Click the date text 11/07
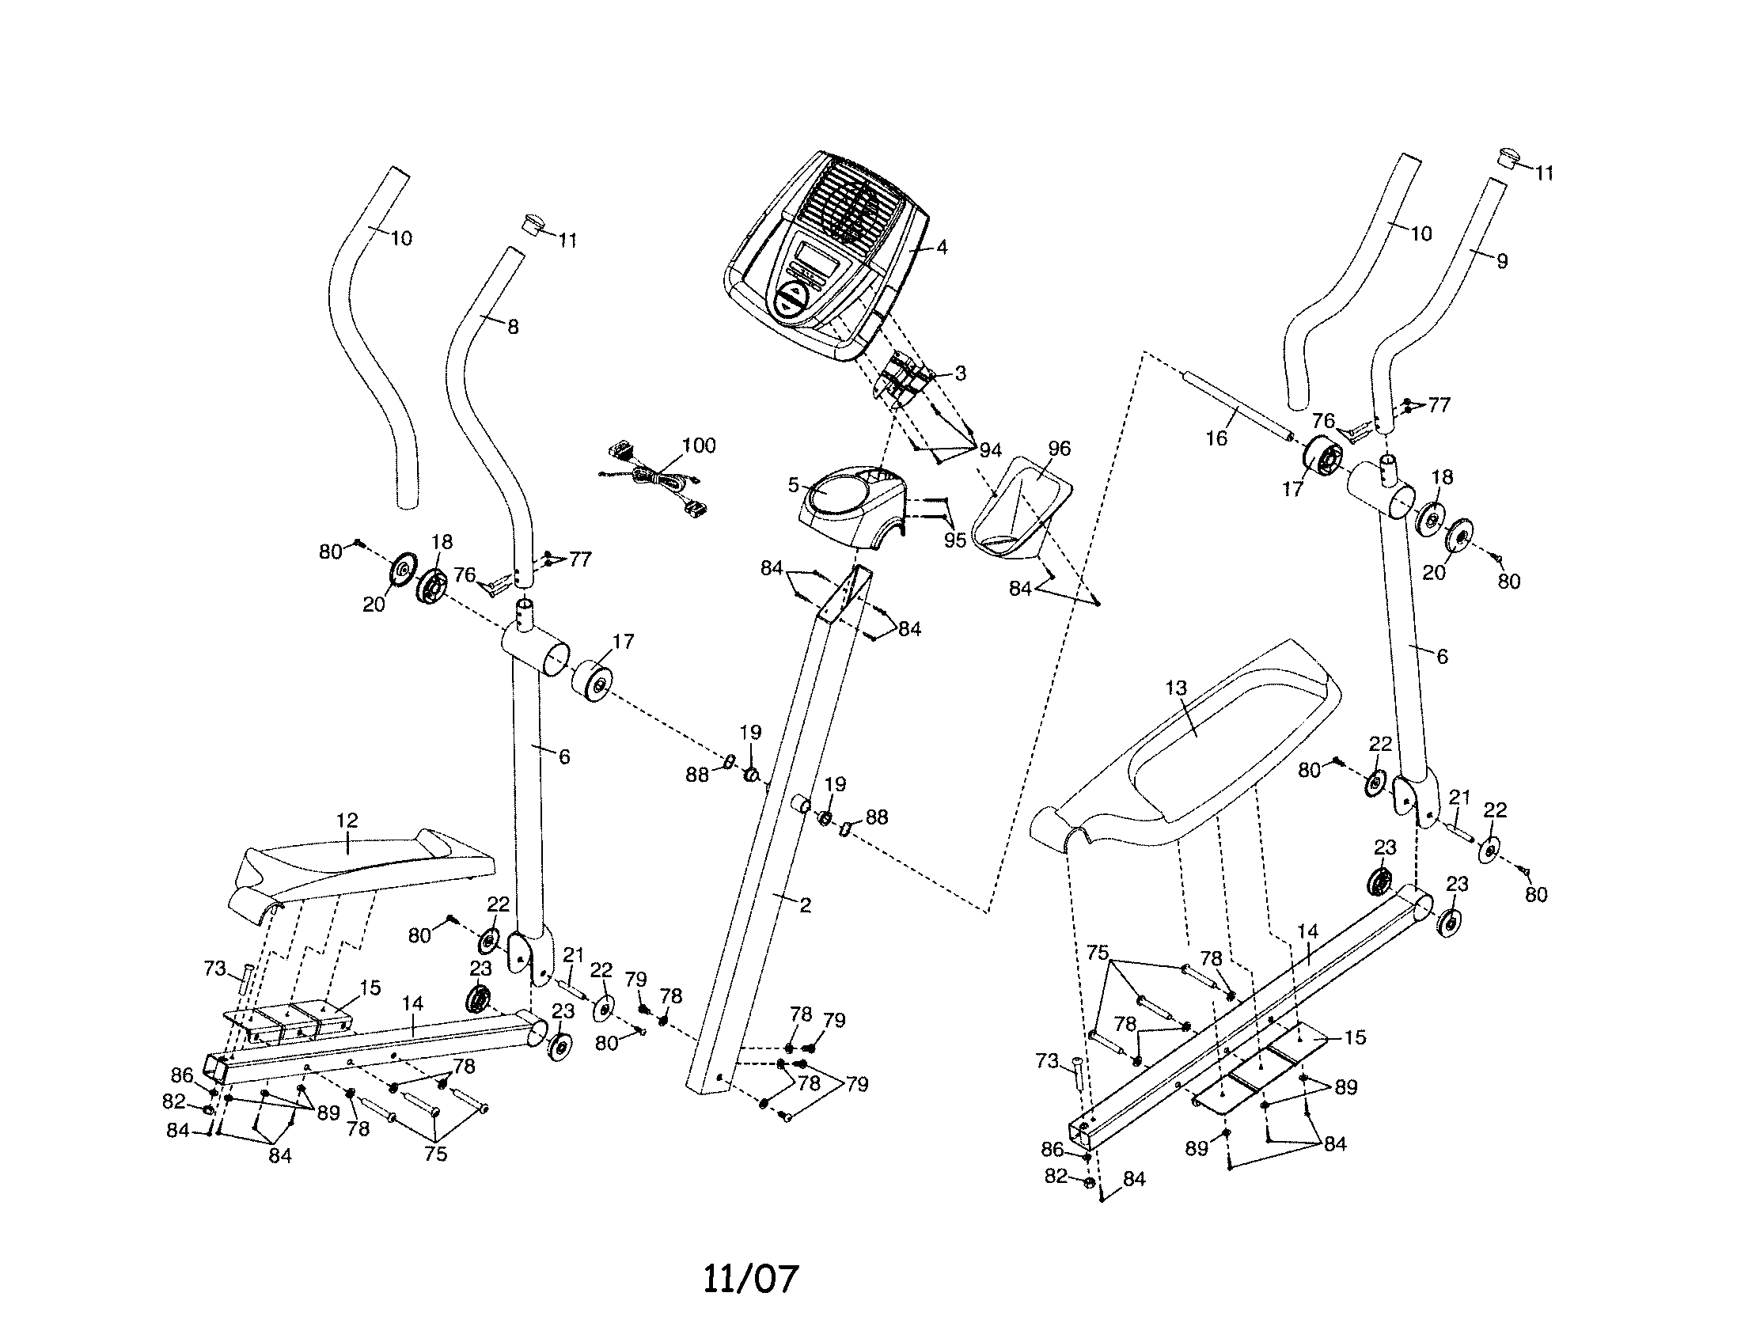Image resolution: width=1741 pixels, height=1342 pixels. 750,1278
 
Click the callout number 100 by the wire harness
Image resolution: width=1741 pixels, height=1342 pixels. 698,445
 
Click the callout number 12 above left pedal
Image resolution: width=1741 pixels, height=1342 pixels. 347,820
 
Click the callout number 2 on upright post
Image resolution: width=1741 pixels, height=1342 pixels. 805,905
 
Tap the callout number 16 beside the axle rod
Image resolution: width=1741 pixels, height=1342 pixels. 1216,438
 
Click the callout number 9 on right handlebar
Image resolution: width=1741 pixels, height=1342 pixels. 1502,261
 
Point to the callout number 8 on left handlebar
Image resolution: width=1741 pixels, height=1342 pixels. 513,327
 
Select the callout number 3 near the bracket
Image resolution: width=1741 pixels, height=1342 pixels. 960,373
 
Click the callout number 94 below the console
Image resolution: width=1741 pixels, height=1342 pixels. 990,451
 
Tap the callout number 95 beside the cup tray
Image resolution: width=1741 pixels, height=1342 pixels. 954,540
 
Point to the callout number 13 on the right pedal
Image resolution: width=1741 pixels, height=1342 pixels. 1176,688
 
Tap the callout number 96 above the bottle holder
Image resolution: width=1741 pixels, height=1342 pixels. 1059,449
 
